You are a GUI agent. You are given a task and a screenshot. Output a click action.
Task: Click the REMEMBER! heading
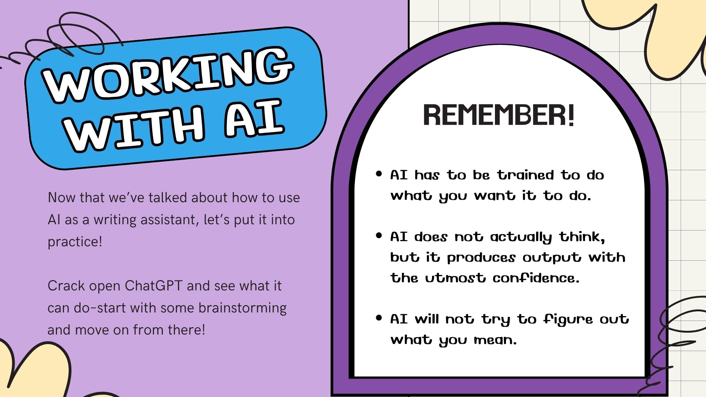[499, 115]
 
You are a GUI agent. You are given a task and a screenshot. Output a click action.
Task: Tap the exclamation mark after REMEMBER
[570, 115]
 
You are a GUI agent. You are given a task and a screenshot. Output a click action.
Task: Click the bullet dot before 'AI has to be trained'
[379, 174]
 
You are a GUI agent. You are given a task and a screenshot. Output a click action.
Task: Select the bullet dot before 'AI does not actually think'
[379, 235]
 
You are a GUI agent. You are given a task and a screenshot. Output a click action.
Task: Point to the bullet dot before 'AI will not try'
[379, 318]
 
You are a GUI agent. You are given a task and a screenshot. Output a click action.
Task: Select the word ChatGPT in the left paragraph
[154, 286]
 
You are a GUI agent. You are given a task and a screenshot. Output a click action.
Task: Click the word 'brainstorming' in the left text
[242, 308]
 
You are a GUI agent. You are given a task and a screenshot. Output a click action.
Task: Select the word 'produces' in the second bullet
[481, 258]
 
